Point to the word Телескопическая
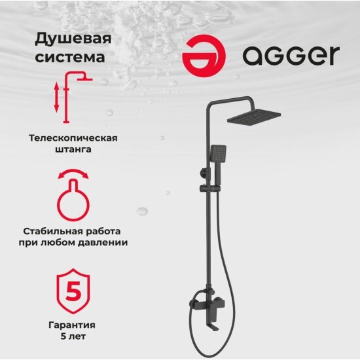(73, 138)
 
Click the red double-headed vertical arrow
(56, 97)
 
